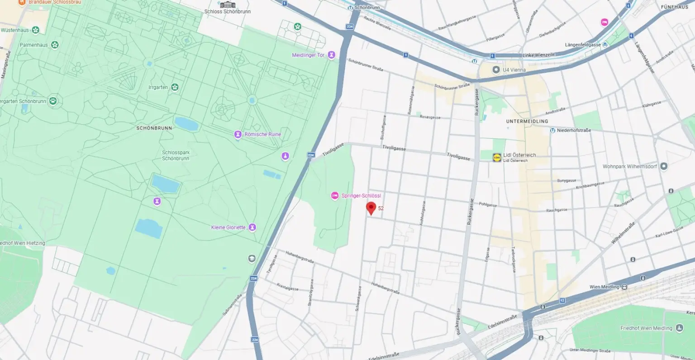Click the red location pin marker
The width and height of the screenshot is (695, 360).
click(x=371, y=208)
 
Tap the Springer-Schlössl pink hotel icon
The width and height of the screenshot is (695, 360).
click(x=335, y=195)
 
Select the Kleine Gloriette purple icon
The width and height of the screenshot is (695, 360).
click(x=252, y=227)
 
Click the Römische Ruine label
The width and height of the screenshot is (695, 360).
click(x=262, y=134)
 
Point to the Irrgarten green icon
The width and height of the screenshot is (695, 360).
click(x=175, y=87)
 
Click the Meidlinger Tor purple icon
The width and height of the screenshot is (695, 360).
click(x=332, y=55)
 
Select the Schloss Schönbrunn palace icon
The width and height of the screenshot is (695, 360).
click(x=228, y=5)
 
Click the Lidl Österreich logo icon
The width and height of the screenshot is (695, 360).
click(x=497, y=157)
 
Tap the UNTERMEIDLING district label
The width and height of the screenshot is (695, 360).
click(x=527, y=121)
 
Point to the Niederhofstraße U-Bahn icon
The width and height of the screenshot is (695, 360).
click(x=552, y=130)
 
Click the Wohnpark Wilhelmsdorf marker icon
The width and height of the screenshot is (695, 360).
click(x=664, y=166)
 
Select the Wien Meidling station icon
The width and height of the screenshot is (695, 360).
click(x=624, y=287)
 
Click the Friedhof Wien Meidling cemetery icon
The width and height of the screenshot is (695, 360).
click(x=679, y=328)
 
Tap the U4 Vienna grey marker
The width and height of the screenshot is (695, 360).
click(x=496, y=70)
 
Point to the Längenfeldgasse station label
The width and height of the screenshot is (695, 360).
click(x=583, y=45)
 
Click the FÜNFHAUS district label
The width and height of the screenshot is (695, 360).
click(x=674, y=7)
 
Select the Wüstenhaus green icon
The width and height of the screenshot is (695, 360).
click(x=35, y=30)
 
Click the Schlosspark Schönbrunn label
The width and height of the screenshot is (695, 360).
click(x=176, y=156)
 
